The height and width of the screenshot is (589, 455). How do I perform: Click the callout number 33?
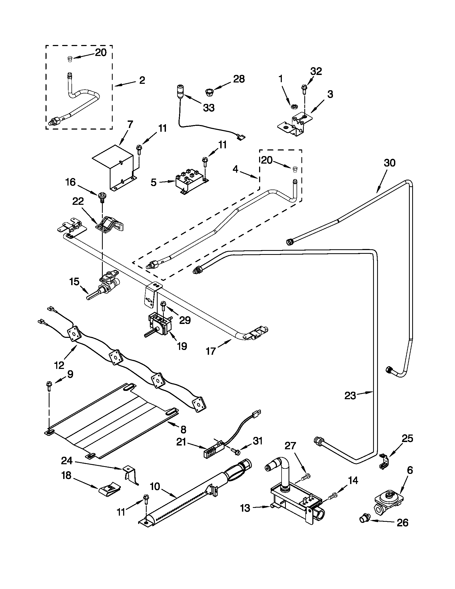(209, 108)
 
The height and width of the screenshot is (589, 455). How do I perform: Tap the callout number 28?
(239, 79)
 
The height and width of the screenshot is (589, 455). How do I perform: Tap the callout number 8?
(183, 429)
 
